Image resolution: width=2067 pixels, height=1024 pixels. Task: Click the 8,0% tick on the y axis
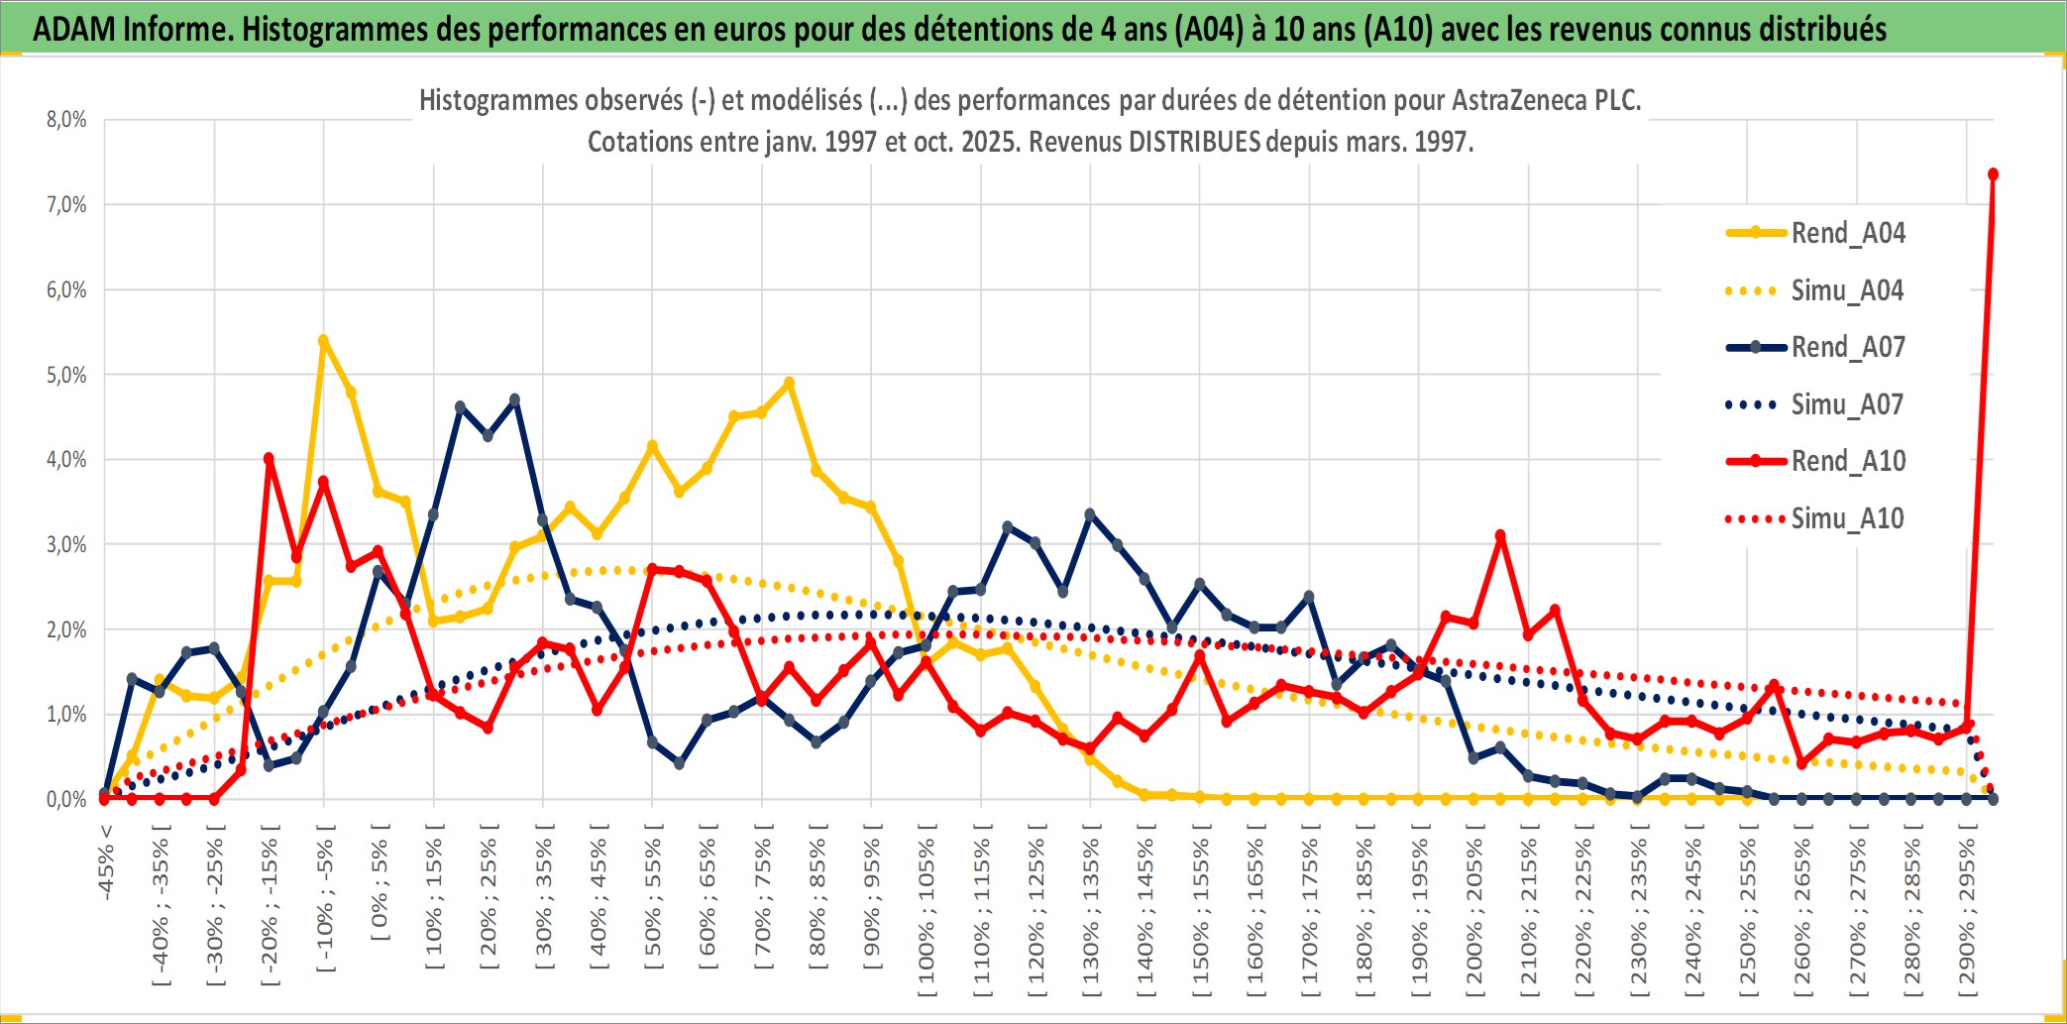(x=66, y=120)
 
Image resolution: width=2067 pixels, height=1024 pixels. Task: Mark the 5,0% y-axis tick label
(x=66, y=375)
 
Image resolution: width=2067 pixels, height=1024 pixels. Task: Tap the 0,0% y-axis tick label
(x=66, y=799)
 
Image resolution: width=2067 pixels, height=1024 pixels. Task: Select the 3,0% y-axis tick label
(x=66, y=544)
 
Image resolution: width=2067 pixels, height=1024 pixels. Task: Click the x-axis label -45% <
(x=106, y=862)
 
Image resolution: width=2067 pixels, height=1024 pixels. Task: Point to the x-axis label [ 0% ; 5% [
(x=381, y=882)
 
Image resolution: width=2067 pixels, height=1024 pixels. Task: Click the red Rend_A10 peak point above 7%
(x=1993, y=174)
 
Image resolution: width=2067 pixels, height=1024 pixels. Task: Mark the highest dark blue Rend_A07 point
(x=514, y=400)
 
